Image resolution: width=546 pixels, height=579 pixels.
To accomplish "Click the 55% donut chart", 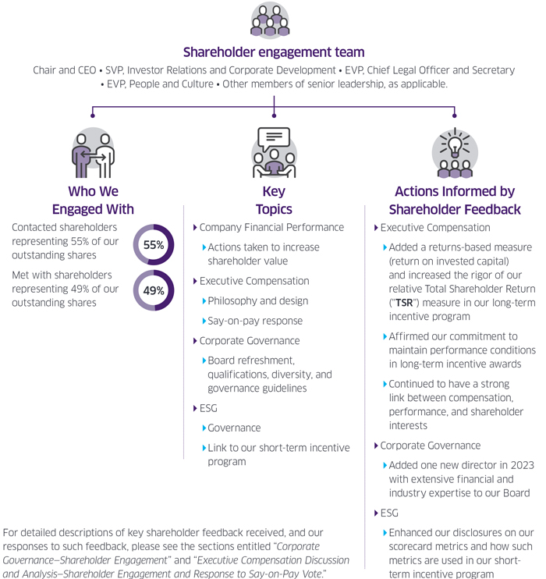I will [154, 245].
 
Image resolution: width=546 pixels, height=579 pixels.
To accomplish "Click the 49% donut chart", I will [154, 290].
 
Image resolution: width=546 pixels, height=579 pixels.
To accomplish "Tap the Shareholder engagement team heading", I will [273, 52].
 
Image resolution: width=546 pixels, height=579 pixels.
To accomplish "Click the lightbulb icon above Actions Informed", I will [455, 153].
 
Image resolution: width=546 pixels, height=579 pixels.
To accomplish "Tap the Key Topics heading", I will [274, 201].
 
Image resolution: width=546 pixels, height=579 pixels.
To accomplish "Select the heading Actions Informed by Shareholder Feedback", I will [455, 201].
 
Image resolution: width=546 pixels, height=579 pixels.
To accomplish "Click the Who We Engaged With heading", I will [93, 201].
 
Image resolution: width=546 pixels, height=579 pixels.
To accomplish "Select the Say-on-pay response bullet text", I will [255, 321].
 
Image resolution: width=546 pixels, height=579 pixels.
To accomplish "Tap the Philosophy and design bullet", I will [257, 300].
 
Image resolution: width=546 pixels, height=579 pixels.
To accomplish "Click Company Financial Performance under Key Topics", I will [271, 228].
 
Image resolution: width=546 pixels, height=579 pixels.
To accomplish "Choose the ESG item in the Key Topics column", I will [208, 407].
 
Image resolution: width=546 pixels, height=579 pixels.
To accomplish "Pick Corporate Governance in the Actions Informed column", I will [431, 446].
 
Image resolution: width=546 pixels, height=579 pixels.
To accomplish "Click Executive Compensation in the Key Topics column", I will [254, 281].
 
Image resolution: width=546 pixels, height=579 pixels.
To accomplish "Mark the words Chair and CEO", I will [64, 70].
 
